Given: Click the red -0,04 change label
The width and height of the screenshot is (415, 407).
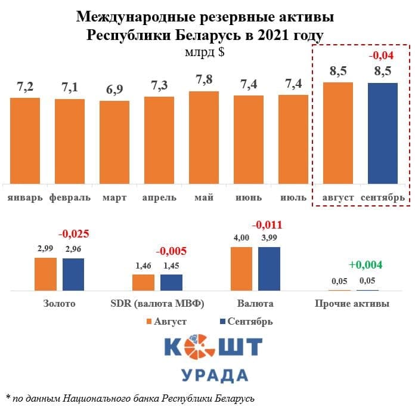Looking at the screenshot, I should coord(383,56).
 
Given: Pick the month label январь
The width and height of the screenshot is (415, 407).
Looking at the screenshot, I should coord(25,197).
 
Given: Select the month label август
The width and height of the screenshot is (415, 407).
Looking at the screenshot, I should coord(337,197).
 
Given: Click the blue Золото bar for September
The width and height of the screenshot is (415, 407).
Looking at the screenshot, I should coord(73,274).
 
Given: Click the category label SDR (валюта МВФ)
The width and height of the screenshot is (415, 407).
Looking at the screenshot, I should coord(158,304).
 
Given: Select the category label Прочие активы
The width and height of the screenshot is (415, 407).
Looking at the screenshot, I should coord(352,304).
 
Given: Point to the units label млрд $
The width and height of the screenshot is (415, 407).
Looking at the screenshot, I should coord(205,52).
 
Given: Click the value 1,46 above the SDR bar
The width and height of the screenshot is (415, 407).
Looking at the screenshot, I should coord(143,265).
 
